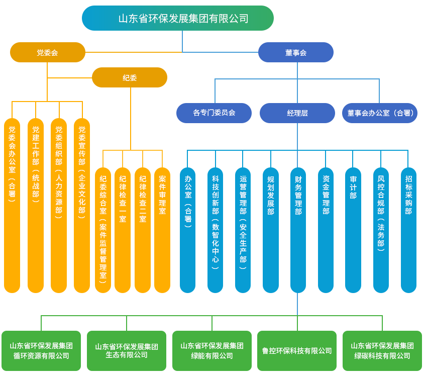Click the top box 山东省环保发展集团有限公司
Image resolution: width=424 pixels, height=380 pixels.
click(178, 18)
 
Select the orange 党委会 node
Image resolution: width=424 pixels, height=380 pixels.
click(48, 52)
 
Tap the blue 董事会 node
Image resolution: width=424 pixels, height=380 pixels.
click(296, 52)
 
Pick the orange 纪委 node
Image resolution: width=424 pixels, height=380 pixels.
click(130, 77)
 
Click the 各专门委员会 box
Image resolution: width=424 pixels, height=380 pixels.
click(214, 113)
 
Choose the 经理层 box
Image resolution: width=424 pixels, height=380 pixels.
click(297, 113)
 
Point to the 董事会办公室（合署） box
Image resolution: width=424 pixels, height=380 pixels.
click(380, 113)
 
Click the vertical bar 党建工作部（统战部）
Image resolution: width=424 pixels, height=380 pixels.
click(36, 206)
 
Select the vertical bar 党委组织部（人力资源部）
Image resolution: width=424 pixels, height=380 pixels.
click(59, 206)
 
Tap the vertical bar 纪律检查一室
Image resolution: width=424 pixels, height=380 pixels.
click(123, 230)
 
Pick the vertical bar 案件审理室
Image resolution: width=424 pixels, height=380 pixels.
click(162, 230)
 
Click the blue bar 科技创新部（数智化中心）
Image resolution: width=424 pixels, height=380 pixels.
click(215, 230)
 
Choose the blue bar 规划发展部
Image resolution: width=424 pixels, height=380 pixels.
click(271, 230)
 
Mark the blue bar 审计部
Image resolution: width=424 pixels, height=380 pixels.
click(353, 230)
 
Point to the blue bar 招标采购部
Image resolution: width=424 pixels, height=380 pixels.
click(408, 230)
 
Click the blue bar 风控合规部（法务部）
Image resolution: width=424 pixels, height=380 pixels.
click(381, 230)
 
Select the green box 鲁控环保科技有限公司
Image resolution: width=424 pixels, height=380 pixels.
click(297, 351)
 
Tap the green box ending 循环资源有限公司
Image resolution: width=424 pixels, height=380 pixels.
click(41, 351)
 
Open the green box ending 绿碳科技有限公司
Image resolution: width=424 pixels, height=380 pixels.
click(382, 351)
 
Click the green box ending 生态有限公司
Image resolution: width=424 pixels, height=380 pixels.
click(127, 351)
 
